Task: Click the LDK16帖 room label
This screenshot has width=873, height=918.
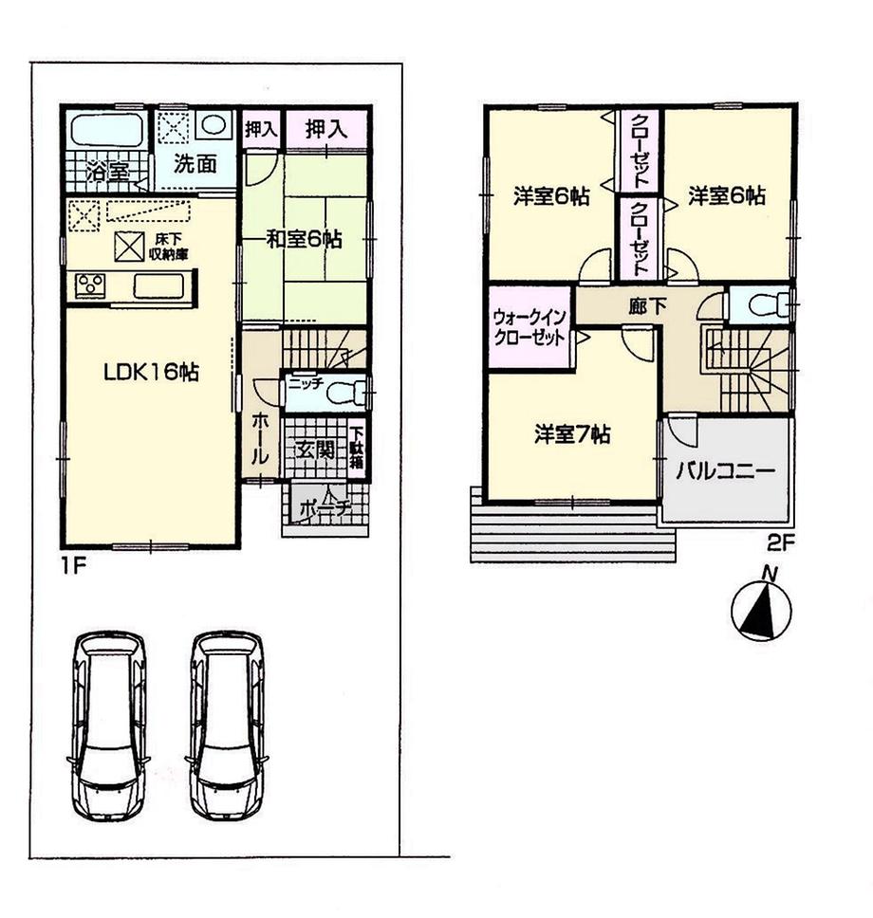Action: pos(151,373)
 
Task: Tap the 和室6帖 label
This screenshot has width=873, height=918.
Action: pos(303,240)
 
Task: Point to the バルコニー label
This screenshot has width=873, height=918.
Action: pos(726,471)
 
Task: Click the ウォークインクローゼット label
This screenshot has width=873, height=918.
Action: pos(529,328)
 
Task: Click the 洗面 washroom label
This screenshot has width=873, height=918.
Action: pos(195,163)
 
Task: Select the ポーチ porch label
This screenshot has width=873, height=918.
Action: pos(324,507)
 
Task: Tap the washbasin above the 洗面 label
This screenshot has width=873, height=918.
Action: pos(214,126)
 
